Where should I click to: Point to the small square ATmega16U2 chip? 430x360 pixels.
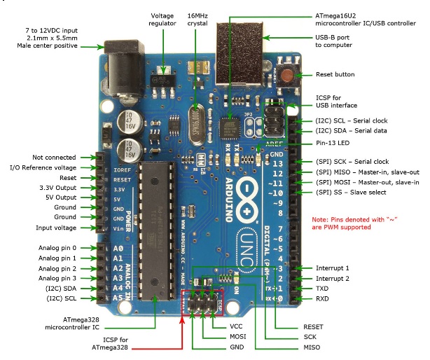(x=229, y=128)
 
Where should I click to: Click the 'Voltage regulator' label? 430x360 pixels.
(x=166, y=19)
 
